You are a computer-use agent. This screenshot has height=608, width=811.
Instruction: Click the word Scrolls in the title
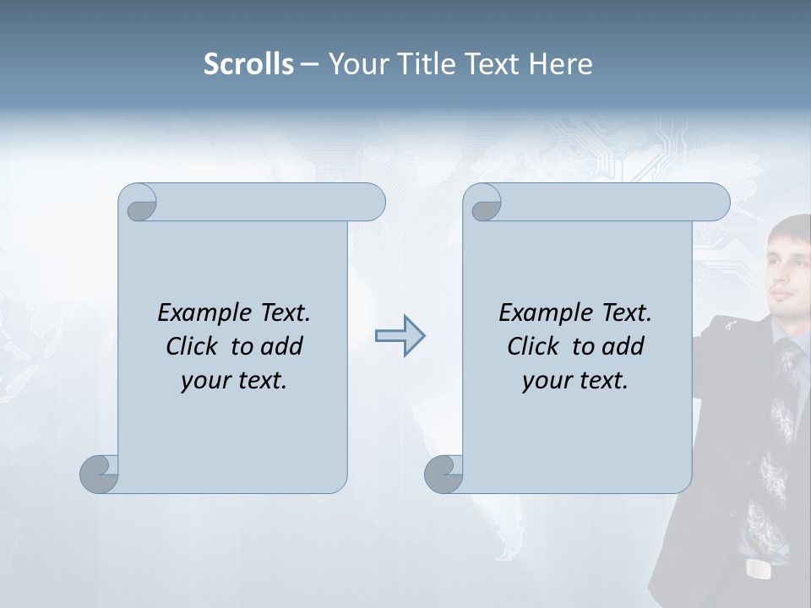coord(248,64)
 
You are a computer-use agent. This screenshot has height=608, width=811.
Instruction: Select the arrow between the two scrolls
coord(400,336)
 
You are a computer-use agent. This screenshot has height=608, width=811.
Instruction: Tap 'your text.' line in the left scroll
coord(234,381)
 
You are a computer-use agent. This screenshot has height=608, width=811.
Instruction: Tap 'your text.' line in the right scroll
coord(575,381)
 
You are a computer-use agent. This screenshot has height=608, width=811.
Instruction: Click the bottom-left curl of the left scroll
coord(100,474)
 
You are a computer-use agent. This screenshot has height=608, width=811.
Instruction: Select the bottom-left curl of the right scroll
coord(444,474)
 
